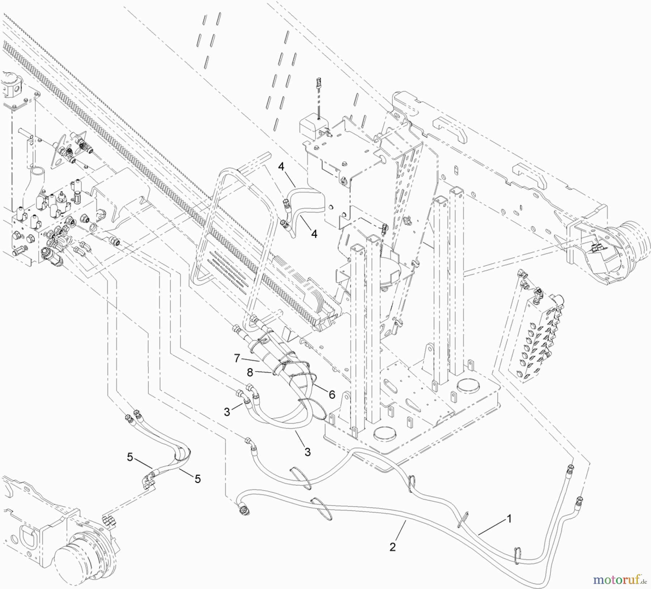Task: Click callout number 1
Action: (509, 519)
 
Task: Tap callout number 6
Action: (332, 395)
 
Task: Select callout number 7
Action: (237, 358)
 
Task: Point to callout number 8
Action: (250, 371)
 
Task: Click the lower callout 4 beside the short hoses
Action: (314, 234)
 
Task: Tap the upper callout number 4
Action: (282, 167)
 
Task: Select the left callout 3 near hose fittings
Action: (227, 412)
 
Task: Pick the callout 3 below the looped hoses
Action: (307, 452)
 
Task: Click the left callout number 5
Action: (130, 457)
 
